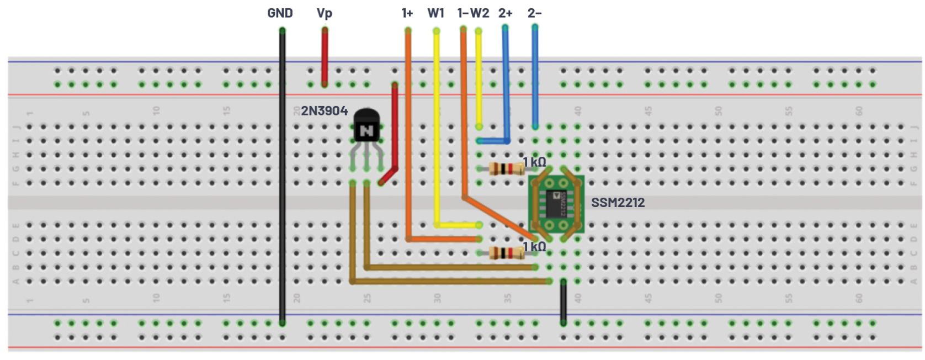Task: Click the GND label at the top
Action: tap(280, 13)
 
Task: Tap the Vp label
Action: tap(325, 13)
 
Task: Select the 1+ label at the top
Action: tap(407, 13)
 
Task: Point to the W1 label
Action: tap(436, 13)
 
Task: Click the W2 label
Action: tap(480, 13)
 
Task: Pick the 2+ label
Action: tap(506, 13)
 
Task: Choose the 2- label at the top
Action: tap(534, 13)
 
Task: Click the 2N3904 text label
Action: tap(324, 111)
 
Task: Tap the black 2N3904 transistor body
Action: tap(366, 126)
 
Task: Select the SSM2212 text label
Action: tap(618, 203)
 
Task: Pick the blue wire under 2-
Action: tap(535, 77)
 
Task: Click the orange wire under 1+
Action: tap(408, 138)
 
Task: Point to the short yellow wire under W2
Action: tap(479, 77)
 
